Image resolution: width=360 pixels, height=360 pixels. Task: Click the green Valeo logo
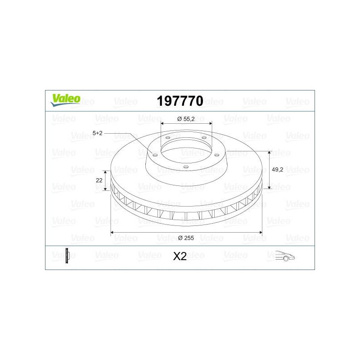[65, 100]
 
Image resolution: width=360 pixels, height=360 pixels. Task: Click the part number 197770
[180, 101]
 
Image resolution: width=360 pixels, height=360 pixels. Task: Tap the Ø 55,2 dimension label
[186, 119]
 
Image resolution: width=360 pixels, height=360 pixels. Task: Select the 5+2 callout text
[97, 133]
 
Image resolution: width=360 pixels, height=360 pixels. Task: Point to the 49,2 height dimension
[277, 170]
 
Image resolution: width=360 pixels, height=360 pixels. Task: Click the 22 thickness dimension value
[99, 180]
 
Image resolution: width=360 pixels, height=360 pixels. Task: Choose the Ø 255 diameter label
[186, 238]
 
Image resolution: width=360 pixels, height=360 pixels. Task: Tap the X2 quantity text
[180, 256]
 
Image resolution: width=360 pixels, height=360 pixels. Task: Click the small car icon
[285, 256]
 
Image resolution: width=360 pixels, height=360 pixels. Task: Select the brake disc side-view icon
[67, 256]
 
